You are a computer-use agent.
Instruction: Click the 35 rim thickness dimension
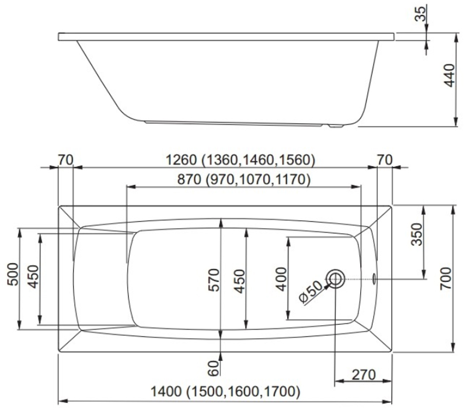click(x=421, y=13)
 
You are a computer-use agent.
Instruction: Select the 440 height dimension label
click(x=449, y=76)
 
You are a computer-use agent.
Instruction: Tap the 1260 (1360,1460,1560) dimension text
click(x=240, y=160)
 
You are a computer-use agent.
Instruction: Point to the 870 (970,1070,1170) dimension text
click(x=244, y=180)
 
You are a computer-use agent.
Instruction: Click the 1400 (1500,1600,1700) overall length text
click(x=225, y=391)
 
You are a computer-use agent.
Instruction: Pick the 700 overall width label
click(x=446, y=279)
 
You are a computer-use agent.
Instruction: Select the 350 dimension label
click(x=417, y=234)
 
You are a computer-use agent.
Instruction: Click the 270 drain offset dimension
click(x=364, y=375)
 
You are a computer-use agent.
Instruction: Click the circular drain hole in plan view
click(x=335, y=279)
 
